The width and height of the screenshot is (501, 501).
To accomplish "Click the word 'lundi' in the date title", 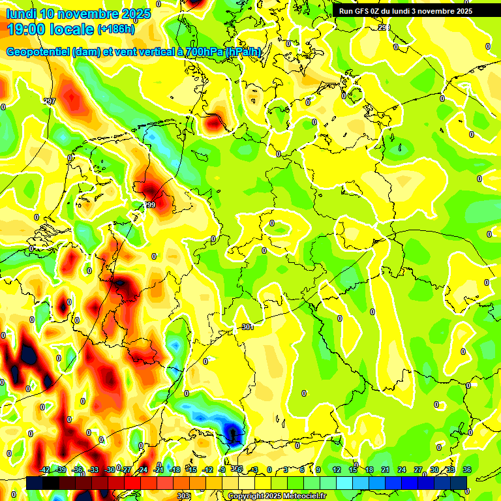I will tap(21, 14).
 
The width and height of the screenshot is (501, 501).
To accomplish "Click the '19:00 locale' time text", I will tap(50, 29).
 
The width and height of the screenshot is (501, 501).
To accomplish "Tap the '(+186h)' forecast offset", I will tap(116, 29).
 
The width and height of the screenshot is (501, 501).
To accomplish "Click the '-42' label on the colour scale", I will tap(45, 470).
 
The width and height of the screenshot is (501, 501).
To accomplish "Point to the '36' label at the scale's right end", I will tap(467, 470).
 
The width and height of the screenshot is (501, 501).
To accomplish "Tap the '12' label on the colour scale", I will tap(337, 470).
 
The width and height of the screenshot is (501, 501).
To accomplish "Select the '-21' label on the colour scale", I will tap(159, 470).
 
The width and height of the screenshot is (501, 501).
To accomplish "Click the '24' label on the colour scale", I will tap(402, 470).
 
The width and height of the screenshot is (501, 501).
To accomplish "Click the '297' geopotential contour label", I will tap(50, 101).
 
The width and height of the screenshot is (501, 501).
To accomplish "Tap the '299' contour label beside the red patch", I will tap(149, 205).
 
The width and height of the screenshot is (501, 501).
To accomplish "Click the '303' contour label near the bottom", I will tap(184, 496).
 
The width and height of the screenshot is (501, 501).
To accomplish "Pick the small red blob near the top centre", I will tap(214, 121).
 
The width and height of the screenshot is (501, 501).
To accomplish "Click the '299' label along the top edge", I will tap(384, 27).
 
